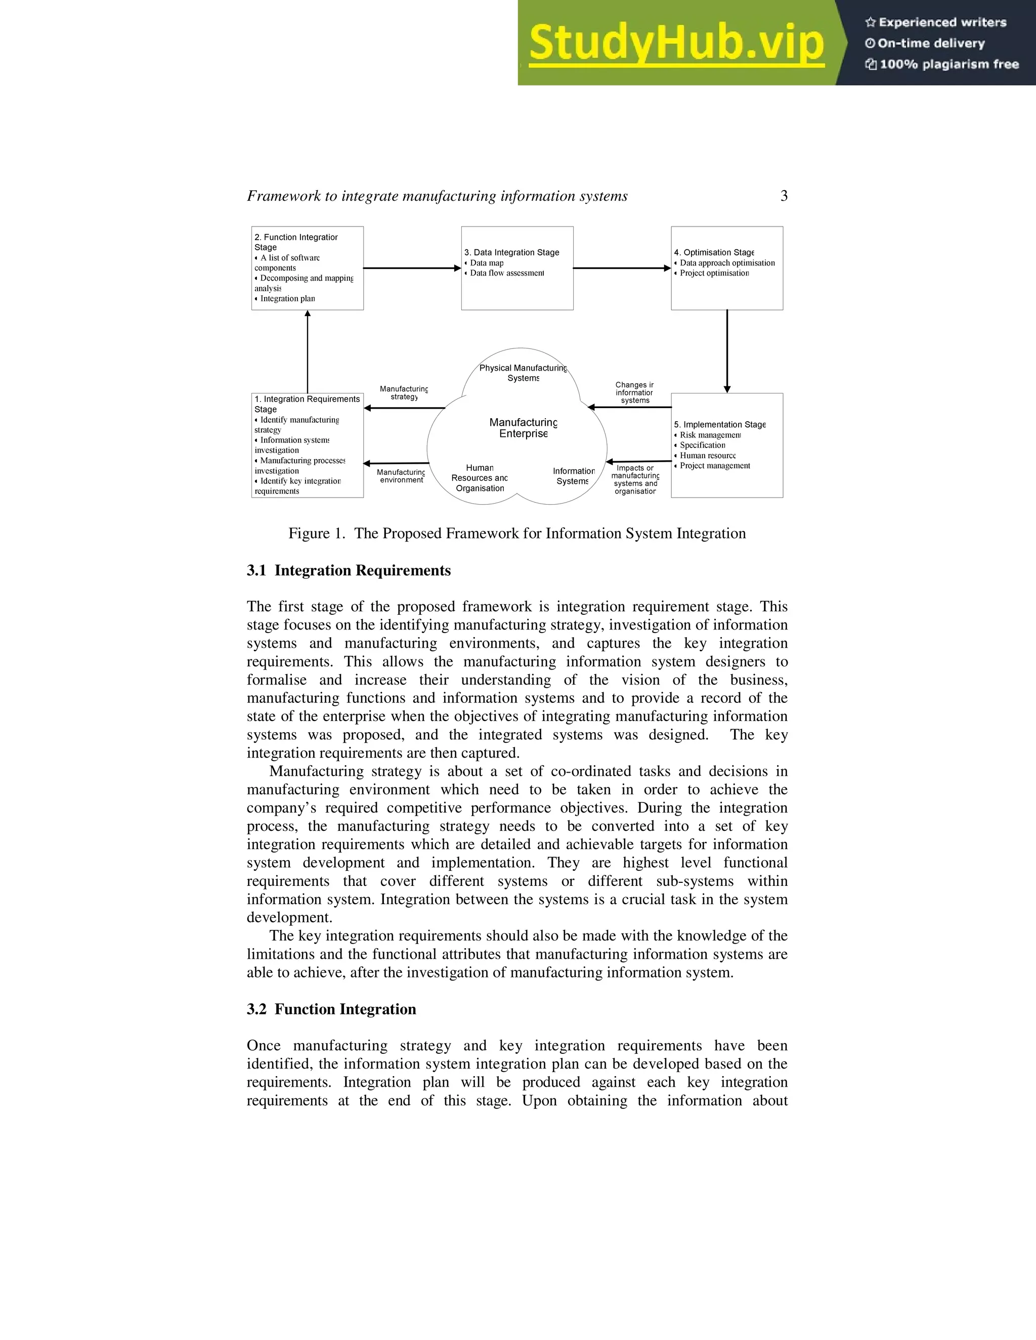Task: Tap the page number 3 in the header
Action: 784,196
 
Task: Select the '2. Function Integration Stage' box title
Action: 296,242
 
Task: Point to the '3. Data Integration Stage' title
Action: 512,252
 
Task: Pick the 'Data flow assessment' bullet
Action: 506,273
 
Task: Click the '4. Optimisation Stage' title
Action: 714,252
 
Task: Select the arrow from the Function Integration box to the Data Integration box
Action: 412,268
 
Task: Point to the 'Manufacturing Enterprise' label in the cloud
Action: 524,428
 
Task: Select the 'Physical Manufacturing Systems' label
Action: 523,373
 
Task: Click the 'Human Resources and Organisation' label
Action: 480,478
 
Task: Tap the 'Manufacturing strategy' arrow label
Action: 404,393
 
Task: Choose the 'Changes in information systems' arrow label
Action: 635,393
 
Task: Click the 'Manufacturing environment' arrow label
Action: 401,476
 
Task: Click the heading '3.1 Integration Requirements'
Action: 349,570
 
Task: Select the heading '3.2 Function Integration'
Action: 331,1009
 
